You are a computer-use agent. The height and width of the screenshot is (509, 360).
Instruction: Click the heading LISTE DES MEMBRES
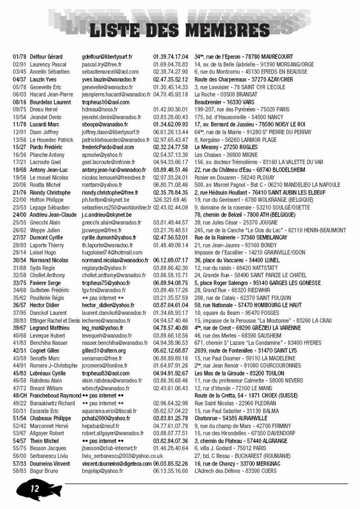[x=180, y=29]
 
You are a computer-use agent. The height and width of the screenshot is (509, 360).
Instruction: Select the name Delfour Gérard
[x=46, y=57]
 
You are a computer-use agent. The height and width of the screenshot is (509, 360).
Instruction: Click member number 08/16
[x=19, y=102]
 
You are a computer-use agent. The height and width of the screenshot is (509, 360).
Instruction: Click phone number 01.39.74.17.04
[x=170, y=57]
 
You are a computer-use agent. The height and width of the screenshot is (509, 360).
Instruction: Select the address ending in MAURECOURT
[x=244, y=57]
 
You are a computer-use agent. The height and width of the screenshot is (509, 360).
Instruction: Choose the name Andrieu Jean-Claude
[x=53, y=215]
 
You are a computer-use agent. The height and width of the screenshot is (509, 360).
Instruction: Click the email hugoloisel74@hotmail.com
[x=112, y=253]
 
